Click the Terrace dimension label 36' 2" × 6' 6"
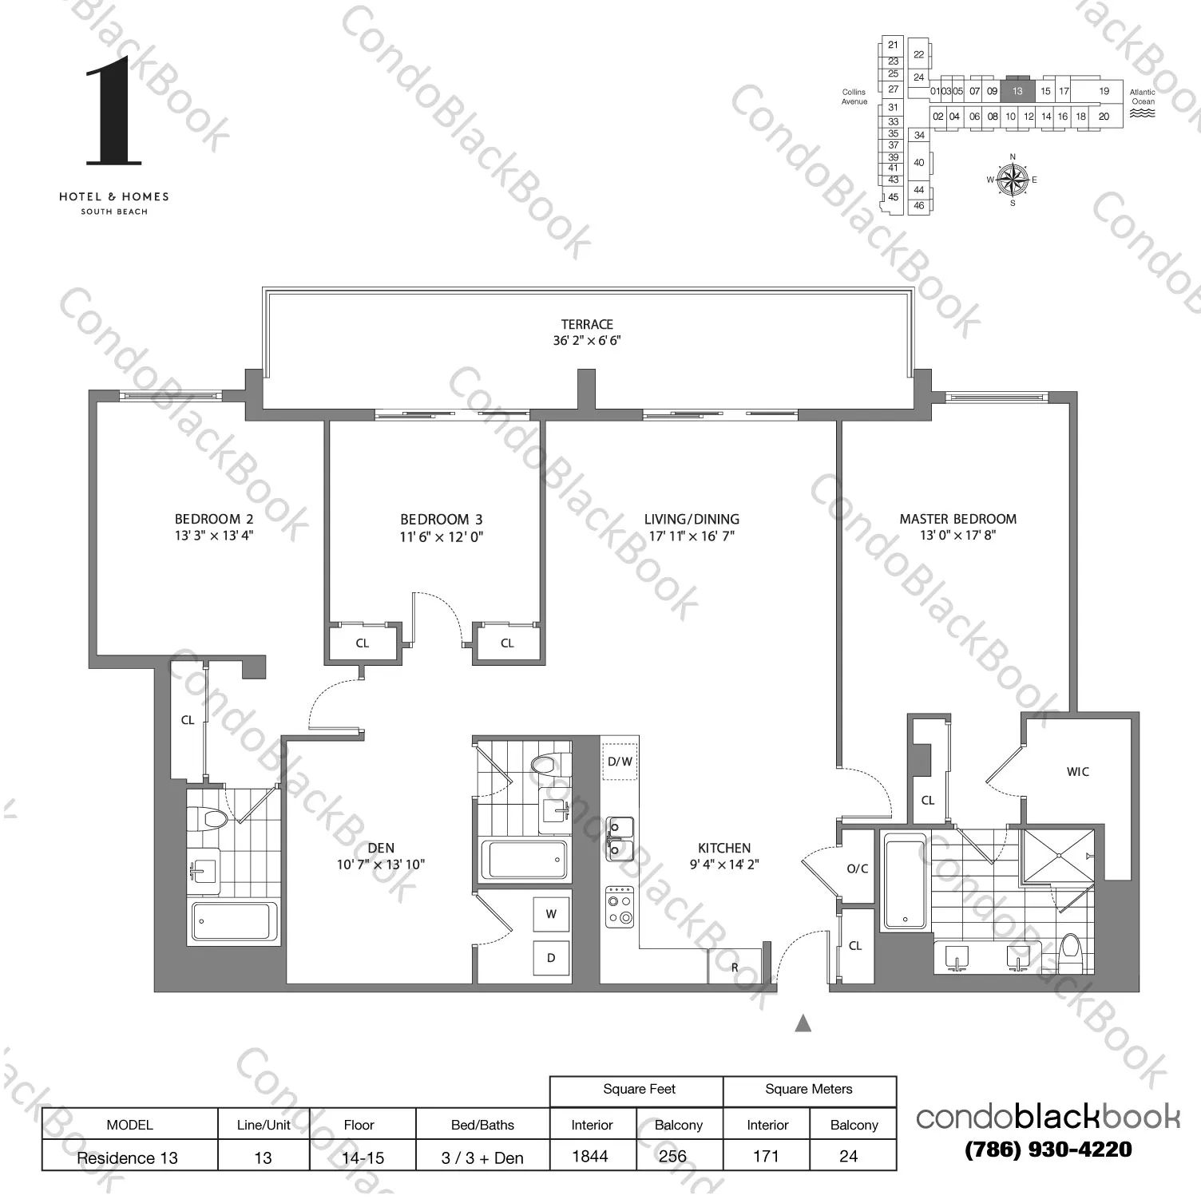click(586, 341)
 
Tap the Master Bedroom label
click(957, 519)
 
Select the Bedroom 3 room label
click(441, 519)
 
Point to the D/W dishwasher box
click(620, 762)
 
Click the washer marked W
click(551, 914)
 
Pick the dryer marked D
click(551, 958)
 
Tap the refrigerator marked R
click(735, 967)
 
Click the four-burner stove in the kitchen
click(620, 907)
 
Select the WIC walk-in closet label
click(1077, 772)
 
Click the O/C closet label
click(857, 869)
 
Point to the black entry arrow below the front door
click(803, 1023)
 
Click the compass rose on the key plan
click(1013, 180)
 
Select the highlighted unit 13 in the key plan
click(1017, 91)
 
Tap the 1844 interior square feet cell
click(591, 1156)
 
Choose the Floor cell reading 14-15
click(363, 1157)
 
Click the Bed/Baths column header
click(482, 1125)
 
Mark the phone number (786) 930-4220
click(1048, 1150)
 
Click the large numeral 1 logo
click(113, 112)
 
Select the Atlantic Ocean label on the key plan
click(1142, 97)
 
